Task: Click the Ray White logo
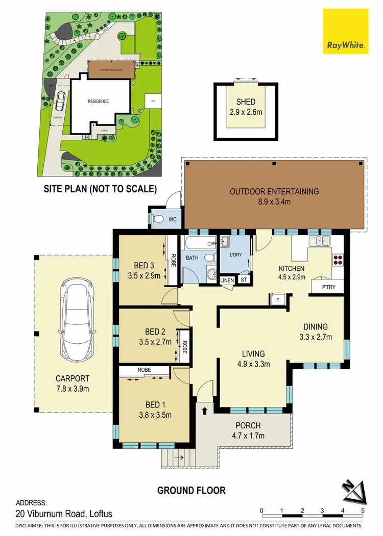point(345,32)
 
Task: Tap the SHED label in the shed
point(246,101)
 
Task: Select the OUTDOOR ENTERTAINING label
point(274,192)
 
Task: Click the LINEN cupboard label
point(226,280)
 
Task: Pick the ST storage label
point(244,280)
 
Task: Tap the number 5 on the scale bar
point(363,510)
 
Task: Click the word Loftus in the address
point(98,514)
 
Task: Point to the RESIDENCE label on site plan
point(98,101)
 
